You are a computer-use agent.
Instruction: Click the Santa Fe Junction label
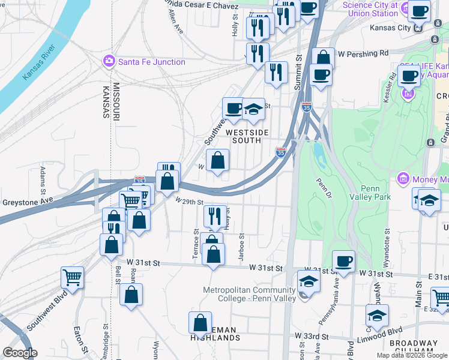point(151,61)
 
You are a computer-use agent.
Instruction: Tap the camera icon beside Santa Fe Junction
point(109,61)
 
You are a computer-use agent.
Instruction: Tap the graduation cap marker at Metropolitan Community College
point(309,281)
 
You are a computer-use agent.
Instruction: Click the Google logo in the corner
point(20,353)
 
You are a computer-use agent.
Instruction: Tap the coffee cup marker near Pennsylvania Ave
point(343,261)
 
